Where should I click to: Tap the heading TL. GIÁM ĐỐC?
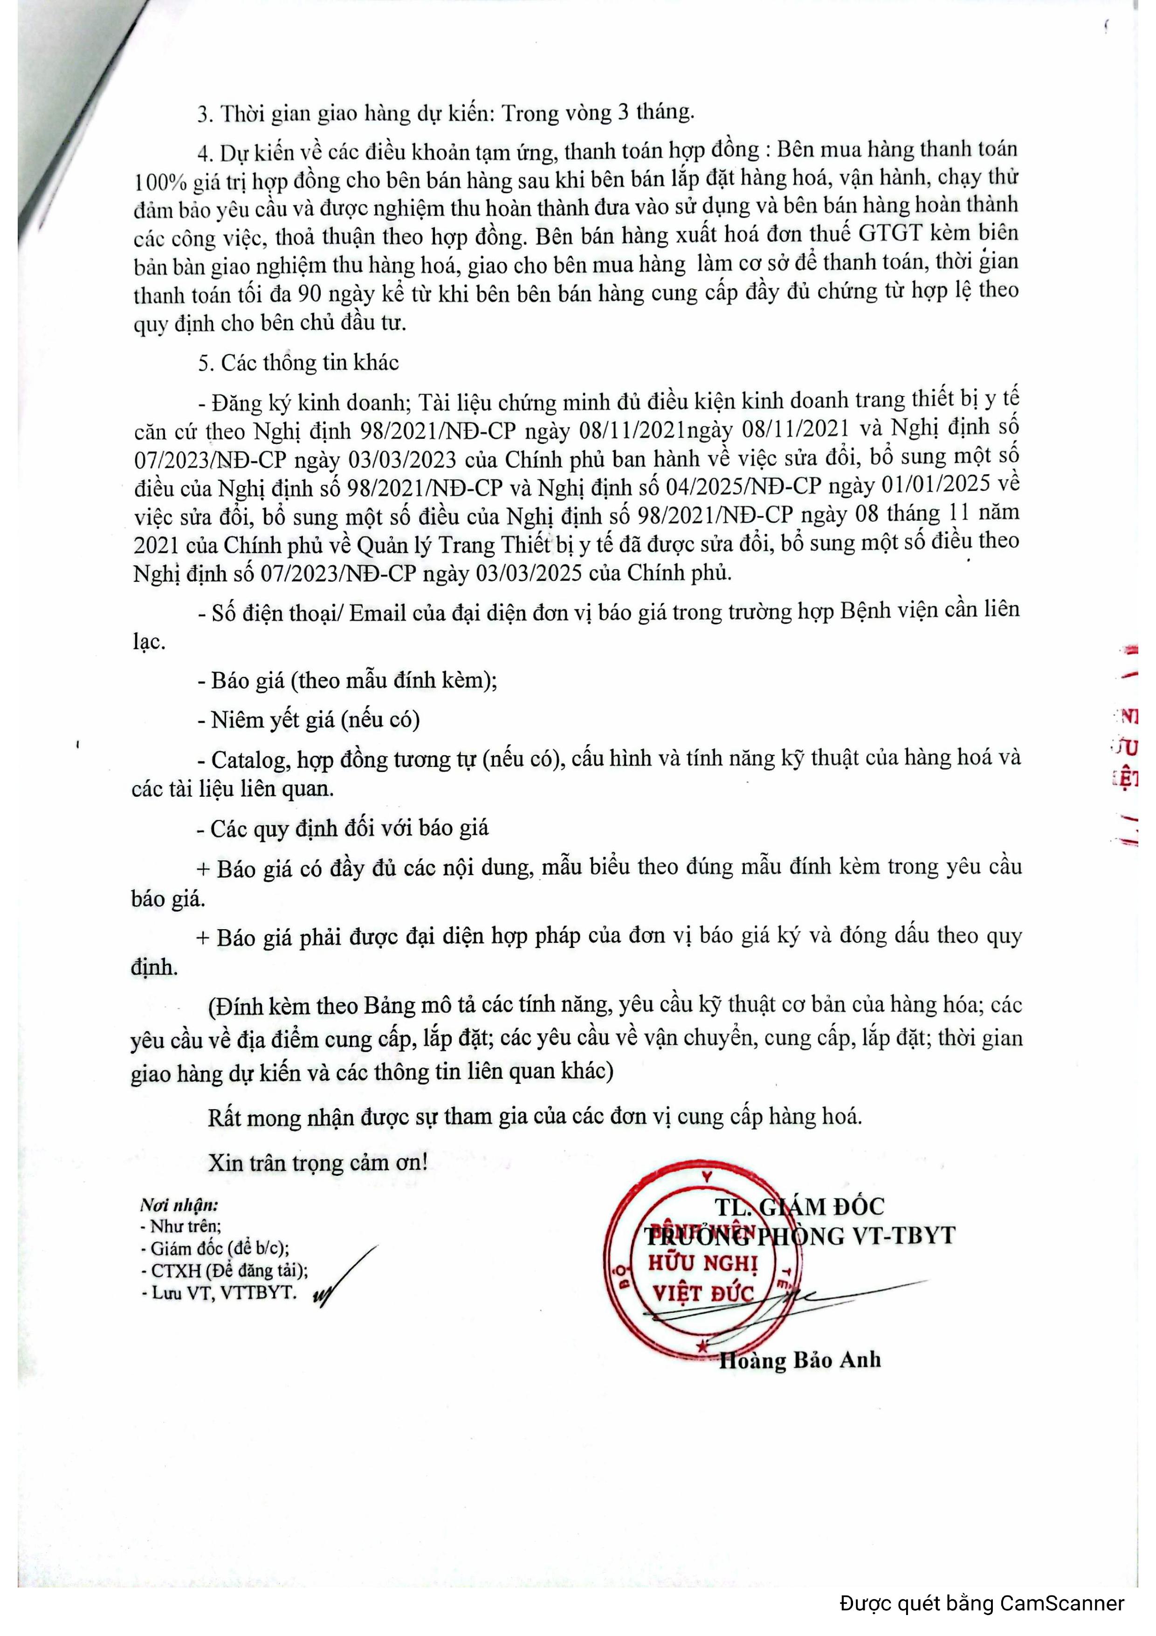(799, 1206)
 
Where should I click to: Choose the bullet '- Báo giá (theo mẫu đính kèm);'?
(347, 680)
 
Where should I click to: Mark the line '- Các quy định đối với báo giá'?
(343, 828)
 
